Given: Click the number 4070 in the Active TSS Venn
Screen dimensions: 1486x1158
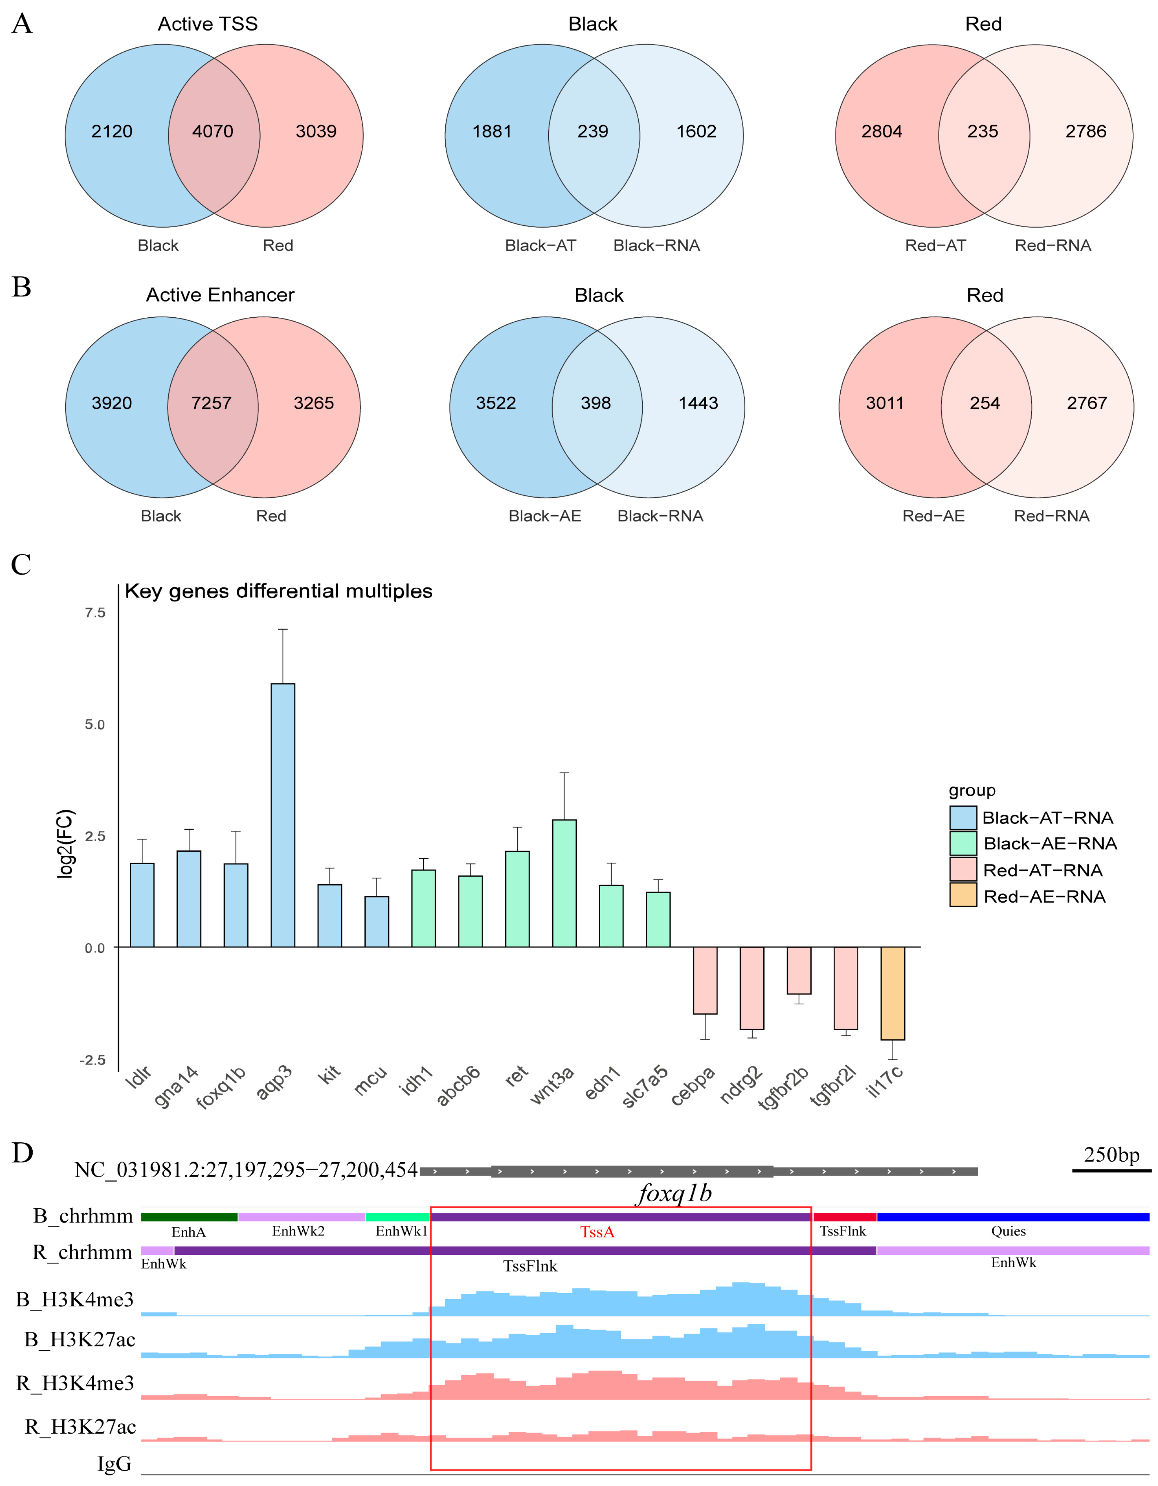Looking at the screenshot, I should click(x=212, y=131).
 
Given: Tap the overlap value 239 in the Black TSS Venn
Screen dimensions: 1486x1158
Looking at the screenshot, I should click(x=593, y=131).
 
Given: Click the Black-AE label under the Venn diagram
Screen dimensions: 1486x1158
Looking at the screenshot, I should click(x=544, y=516).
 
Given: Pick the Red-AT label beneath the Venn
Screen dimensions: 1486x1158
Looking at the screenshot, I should click(x=935, y=246).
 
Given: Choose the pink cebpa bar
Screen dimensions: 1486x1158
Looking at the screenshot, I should click(x=705, y=980).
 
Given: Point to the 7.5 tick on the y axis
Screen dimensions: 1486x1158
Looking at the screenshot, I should click(x=95, y=612).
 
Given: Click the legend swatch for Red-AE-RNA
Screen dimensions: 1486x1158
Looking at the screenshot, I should click(x=963, y=895).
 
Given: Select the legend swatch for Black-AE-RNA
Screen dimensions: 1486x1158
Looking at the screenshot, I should click(x=963, y=843).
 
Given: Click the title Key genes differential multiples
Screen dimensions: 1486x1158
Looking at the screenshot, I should click(x=278, y=591).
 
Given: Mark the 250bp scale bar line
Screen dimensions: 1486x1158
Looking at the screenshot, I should click(x=1111, y=1170).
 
